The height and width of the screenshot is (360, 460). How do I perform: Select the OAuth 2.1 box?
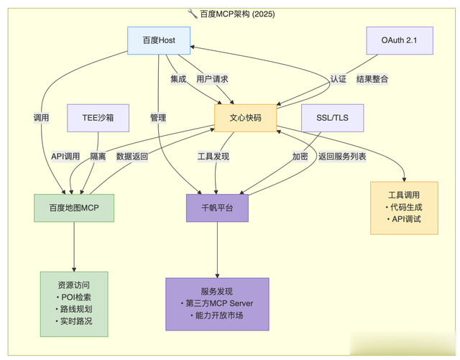[399, 40]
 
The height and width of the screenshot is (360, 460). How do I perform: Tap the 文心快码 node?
[245, 118]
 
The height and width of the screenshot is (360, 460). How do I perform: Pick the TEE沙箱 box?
[98, 118]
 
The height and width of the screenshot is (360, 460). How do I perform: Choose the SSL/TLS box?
[333, 118]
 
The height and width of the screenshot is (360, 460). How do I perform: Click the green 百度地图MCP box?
[73, 208]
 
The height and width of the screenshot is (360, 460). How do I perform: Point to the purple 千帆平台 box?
[218, 208]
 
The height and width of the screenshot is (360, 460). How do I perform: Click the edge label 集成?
[178, 79]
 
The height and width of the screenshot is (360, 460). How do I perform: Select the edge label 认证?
[339, 79]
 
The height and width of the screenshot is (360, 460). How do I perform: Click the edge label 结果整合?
[372, 79]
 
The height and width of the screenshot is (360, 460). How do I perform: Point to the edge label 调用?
[42, 118]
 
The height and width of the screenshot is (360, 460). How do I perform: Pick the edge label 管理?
[158, 118]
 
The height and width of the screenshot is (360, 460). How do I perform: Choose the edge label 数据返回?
[132, 156]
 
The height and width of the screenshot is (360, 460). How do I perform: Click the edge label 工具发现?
[213, 156]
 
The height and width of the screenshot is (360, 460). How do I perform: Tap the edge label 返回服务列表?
[342, 156]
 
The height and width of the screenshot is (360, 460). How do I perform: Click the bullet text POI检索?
[74, 297]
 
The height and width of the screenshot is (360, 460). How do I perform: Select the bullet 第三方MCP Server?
[218, 303]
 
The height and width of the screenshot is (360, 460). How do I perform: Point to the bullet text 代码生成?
[404, 207]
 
